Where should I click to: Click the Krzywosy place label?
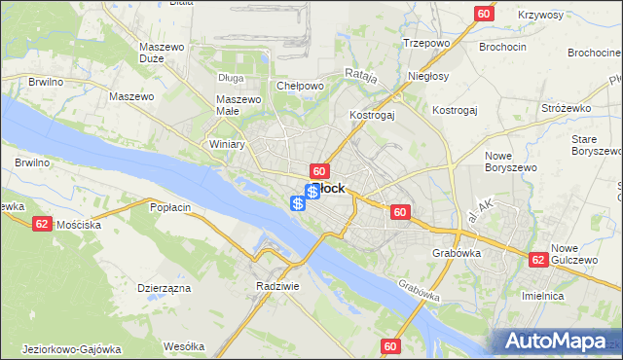541,16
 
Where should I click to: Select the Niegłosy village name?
428,76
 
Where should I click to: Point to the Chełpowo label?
300,86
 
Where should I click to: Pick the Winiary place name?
227,144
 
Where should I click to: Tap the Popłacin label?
169,207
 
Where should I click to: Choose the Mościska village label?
80,224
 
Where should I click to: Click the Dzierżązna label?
163,288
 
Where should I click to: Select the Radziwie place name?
275,286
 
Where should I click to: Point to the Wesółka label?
184,346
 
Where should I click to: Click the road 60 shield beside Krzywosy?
484,14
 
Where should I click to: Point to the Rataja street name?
359,75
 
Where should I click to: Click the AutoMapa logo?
556,342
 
